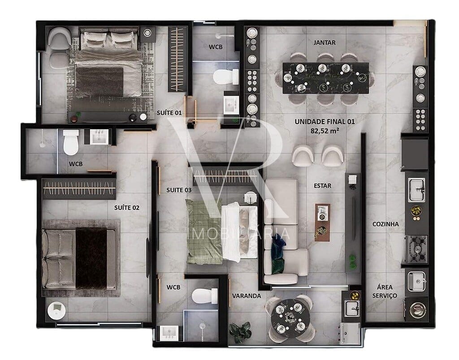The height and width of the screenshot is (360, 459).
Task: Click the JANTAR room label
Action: coord(325,43)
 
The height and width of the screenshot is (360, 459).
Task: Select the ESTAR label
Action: coord(323,185)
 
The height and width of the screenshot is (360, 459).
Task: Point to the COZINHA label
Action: coord(385,224)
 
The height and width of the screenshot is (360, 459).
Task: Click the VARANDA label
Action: coord(246,296)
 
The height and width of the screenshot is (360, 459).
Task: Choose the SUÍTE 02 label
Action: coord(127,207)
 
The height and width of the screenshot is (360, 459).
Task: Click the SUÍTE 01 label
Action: coord(169,112)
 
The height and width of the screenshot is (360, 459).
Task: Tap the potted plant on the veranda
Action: coord(240,331)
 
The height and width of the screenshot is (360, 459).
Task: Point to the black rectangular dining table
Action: coord(325,78)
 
